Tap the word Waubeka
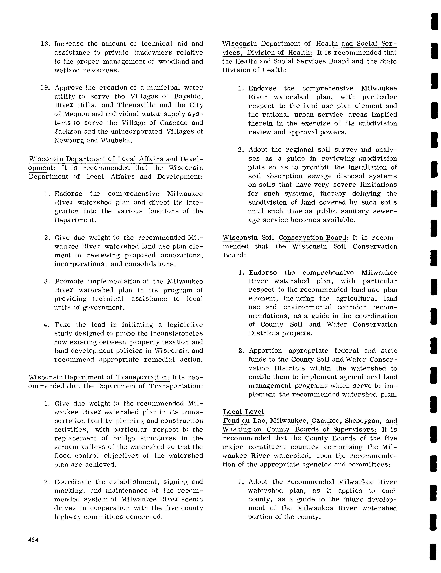(x=116, y=141)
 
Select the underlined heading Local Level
(x=243, y=412)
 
